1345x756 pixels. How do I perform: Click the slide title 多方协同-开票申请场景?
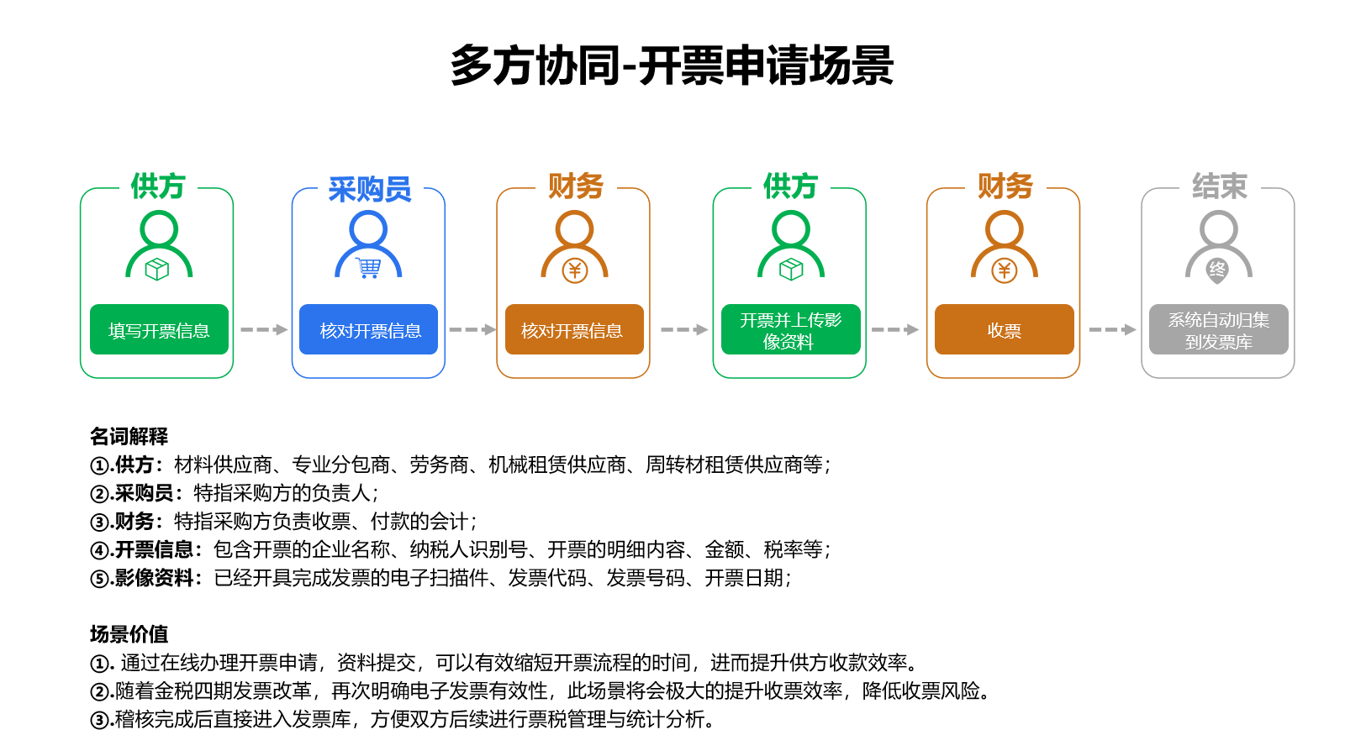pyautogui.click(x=672, y=65)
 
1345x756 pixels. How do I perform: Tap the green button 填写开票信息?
pyautogui.click(x=159, y=329)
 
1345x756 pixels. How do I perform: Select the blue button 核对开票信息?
pyautogui.click(x=369, y=329)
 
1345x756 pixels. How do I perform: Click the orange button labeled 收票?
pyautogui.click(x=1004, y=329)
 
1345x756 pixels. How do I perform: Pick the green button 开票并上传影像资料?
pyautogui.click(x=791, y=329)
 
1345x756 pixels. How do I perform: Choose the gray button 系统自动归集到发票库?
pyautogui.click(x=1218, y=329)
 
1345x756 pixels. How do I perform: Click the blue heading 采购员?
pyautogui.click(x=369, y=189)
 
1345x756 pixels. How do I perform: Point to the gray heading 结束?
pyautogui.click(x=1220, y=186)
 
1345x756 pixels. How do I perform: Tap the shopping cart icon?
pyautogui.click(x=368, y=268)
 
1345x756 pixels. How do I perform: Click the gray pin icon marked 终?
pyautogui.click(x=1217, y=270)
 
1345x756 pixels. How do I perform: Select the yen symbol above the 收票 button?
pyautogui.click(x=1004, y=270)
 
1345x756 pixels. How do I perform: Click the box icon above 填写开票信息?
pyautogui.click(x=157, y=270)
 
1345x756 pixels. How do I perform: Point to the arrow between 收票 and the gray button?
pyautogui.click(x=1112, y=329)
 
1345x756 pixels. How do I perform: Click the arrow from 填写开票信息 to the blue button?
pyautogui.click(x=264, y=329)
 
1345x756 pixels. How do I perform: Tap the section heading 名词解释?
pyautogui.click(x=129, y=436)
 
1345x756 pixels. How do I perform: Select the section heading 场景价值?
pyautogui.click(x=129, y=634)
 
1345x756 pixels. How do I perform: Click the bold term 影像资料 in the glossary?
pyautogui.click(x=154, y=578)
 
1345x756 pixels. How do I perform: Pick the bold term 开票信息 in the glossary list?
pyautogui.click(x=154, y=549)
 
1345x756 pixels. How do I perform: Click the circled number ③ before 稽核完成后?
pyautogui.click(x=99, y=720)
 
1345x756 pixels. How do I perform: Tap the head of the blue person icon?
pyautogui.click(x=368, y=230)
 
